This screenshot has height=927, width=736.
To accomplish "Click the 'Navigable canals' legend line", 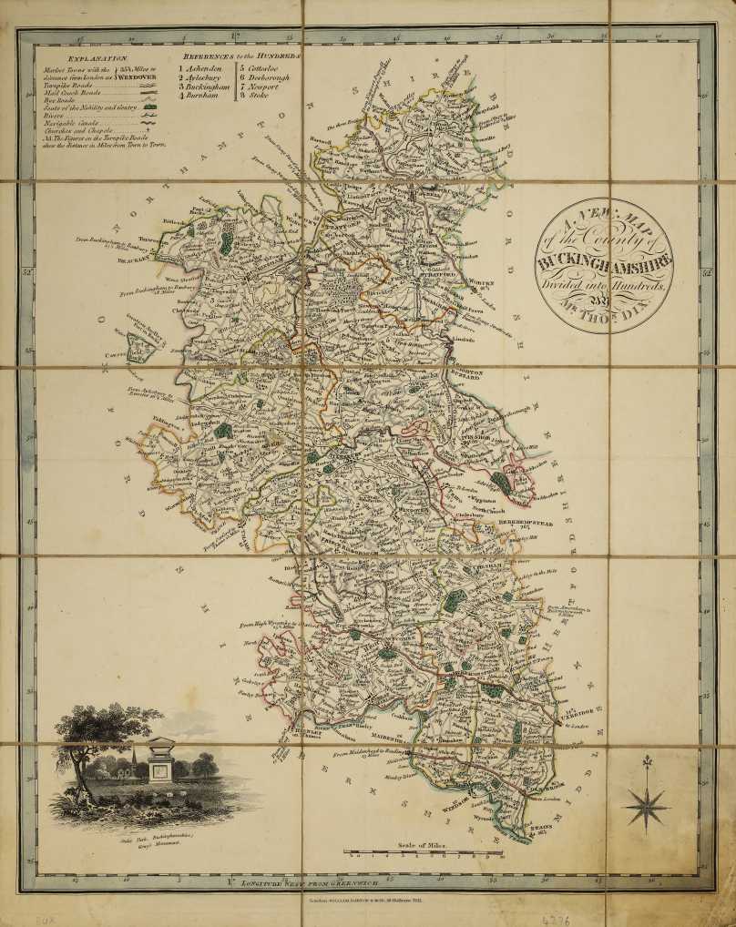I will tap(73, 121).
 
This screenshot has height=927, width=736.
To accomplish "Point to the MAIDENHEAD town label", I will tap(388, 737).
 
